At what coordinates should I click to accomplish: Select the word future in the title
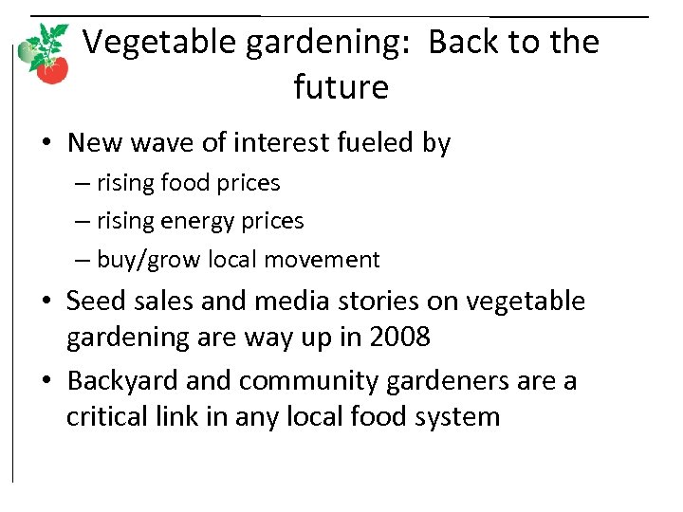pyautogui.click(x=341, y=87)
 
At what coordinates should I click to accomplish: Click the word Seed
pyautogui.click(x=92, y=302)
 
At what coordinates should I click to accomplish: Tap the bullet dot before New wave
pyautogui.click(x=46, y=144)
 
